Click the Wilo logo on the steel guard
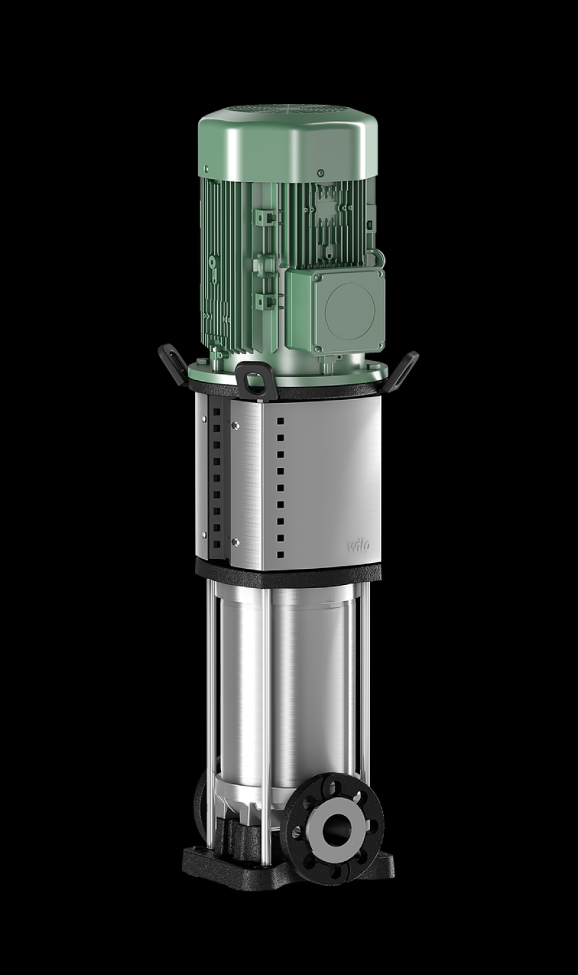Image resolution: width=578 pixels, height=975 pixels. [x=359, y=545]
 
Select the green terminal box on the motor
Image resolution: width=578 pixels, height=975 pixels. [x=335, y=310]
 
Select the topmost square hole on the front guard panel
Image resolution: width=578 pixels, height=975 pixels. [x=281, y=421]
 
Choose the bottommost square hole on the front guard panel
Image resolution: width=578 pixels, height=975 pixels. [x=281, y=555]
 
